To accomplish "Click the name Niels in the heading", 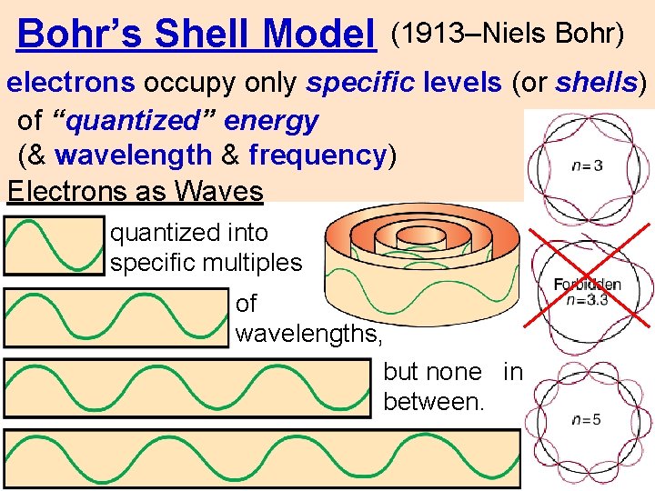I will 517,34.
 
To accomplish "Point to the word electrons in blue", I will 71,84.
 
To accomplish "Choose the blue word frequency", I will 317,155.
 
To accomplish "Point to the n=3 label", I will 586,165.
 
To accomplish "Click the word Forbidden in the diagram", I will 587,285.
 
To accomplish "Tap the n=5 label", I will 586,419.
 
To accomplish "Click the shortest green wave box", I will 55,246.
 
